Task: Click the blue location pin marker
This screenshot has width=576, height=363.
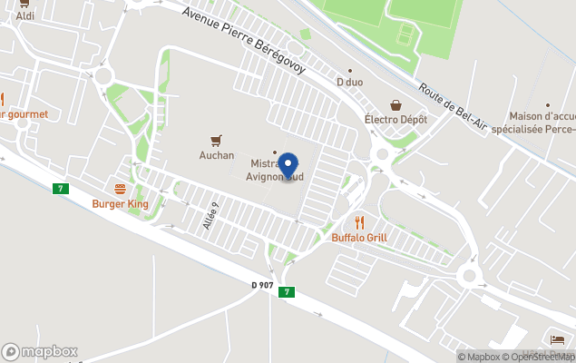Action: click(x=288, y=165)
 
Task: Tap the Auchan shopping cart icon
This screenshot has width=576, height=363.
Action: click(x=216, y=140)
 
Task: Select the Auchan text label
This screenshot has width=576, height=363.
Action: click(x=217, y=155)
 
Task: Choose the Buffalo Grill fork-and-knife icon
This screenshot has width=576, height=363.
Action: click(x=359, y=221)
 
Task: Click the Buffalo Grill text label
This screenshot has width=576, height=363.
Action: click(x=359, y=238)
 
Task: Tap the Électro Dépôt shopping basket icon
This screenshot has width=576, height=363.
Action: click(x=395, y=105)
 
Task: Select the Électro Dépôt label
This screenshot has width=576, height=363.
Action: click(x=395, y=120)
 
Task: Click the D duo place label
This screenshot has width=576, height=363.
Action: click(x=350, y=83)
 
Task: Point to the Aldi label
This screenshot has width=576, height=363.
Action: click(x=25, y=16)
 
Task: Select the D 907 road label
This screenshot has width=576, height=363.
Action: click(x=262, y=285)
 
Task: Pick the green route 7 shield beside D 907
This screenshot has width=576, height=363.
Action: click(x=287, y=291)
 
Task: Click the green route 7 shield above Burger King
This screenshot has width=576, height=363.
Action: click(x=61, y=188)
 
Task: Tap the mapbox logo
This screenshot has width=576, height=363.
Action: click(x=40, y=351)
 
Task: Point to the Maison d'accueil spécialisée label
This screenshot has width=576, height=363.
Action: click(x=532, y=123)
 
